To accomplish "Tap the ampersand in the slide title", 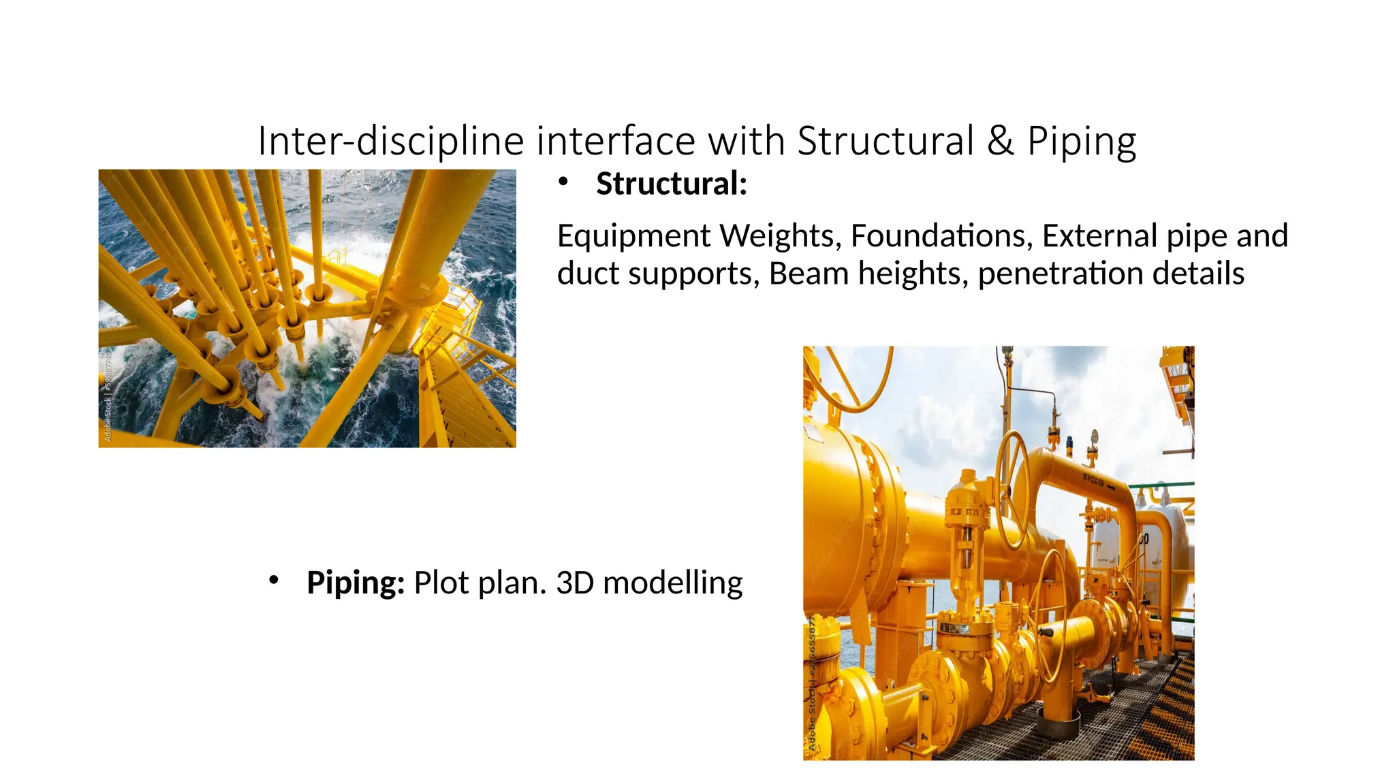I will click(1000, 141).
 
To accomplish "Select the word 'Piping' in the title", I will click(1082, 141).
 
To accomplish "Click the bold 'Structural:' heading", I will click(672, 184).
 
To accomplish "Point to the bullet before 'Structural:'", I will click(563, 182).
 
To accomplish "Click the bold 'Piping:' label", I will click(356, 583).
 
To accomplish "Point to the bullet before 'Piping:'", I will click(274, 581).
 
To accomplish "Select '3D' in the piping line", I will click(575, 583).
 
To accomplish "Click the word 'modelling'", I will click(672, 583).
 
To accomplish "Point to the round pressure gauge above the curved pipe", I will click(1095, 436).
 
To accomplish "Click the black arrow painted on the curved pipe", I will click(1110, 486).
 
